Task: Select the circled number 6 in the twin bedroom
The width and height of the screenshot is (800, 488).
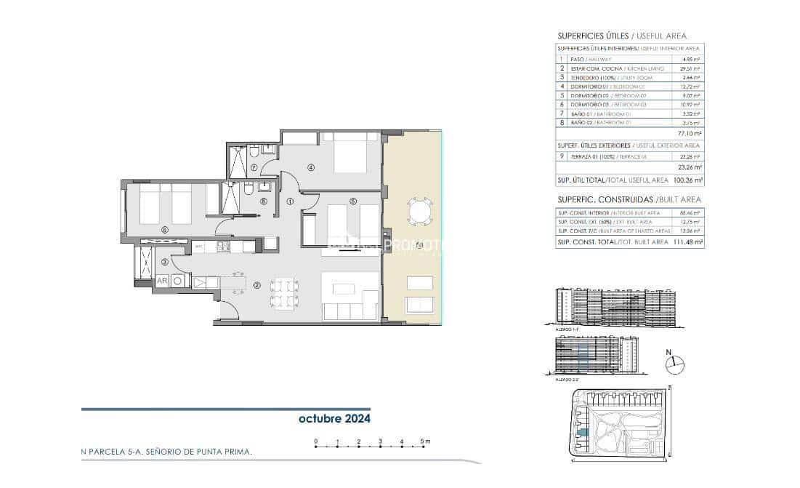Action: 165,230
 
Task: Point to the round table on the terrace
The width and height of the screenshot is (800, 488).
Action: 419,212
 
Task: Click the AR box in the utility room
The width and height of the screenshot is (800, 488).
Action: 161,281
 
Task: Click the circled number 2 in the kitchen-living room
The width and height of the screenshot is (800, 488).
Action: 256,285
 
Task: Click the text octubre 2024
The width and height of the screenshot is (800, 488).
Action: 334,419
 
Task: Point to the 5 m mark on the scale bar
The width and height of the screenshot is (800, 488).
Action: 423,441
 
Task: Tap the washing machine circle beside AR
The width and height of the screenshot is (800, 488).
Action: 178,281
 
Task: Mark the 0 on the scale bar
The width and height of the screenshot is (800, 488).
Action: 315,441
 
